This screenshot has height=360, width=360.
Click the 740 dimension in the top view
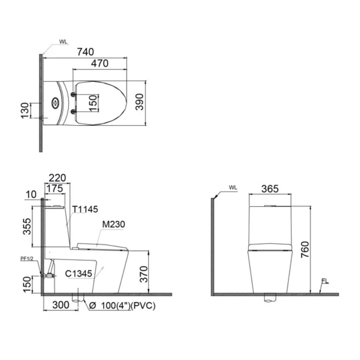pos(85,52)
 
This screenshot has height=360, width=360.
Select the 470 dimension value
pos(99,63)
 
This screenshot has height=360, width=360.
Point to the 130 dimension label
pos(25,110)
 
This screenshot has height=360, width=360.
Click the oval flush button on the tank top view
pos(55,102)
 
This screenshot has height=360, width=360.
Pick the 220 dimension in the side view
pos(57,177)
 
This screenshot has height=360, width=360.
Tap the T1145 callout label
pos(85,209)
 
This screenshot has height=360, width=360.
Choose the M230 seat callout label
pos(113,224)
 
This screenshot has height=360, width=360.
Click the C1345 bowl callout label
pos(79,274)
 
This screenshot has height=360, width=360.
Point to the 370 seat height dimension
pos(143,274)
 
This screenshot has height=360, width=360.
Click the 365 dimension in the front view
pos(270,189)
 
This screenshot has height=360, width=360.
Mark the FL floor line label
pos(325,281)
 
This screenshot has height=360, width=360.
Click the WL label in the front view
pos(233,188)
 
